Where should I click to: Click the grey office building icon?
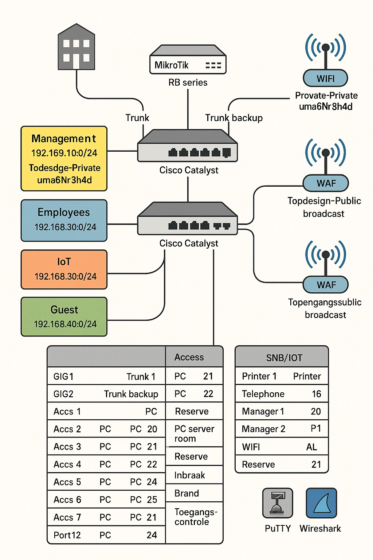click(x=76, y=47)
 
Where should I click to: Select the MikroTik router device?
click(x=188, y=60)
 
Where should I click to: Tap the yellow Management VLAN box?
click(x=64, y=159)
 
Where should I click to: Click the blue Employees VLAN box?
click(x=64, y=220)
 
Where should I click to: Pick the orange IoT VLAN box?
click(x=64, y=269)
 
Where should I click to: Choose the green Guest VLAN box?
click(x=64, y=316)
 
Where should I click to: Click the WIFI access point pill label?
click(x=325, y=78)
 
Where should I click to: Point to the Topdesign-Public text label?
click(x=324, y=201)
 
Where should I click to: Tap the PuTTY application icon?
click(x=278, y=503)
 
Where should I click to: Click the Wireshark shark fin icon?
click(x=321, y=503)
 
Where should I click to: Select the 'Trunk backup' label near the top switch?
click(x=234, y=118)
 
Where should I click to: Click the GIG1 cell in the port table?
click(x=64, y=376)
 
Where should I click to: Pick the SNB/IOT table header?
click(x=284, y=358)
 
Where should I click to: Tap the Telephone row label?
click(x=263, y=394)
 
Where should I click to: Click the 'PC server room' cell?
click(x=194, y=433)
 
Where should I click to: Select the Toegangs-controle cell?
click(x=196, y=517)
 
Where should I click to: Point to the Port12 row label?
click(x=67, y=535)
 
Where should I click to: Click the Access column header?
click(x=189, y=357)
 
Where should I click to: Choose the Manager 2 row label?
click(x=263, y=429)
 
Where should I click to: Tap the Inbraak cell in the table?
click(x=189, y=475)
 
